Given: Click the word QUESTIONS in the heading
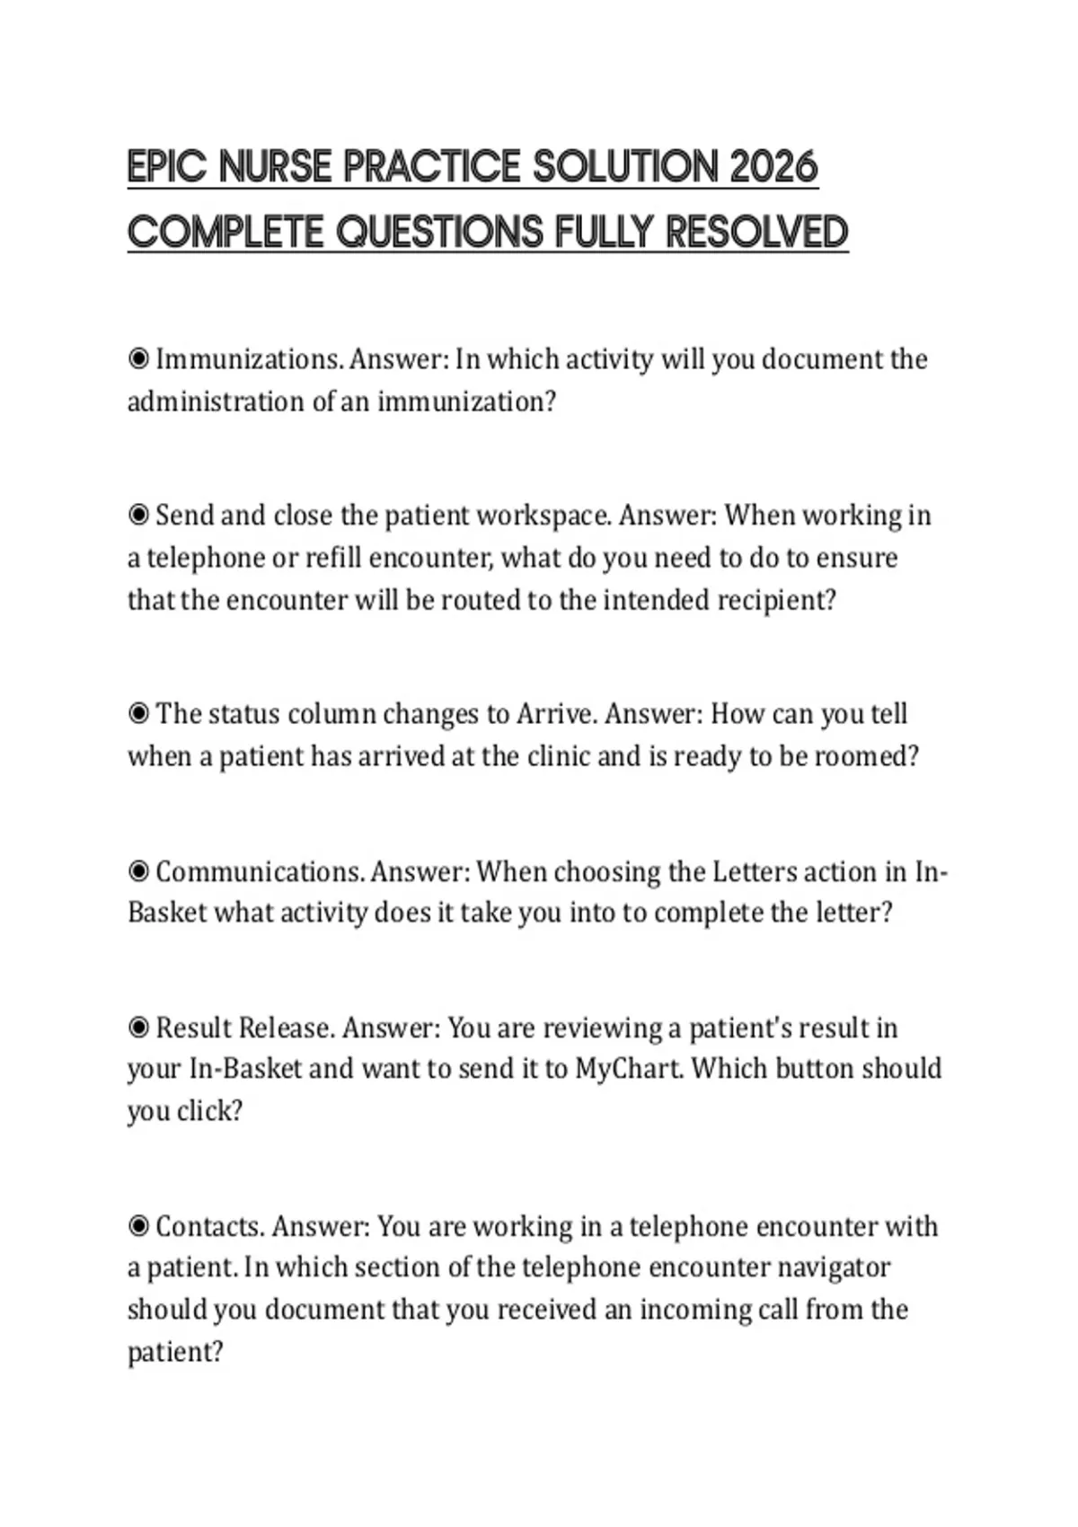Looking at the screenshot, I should tap(440, 233).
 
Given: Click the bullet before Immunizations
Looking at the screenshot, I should tap(138, 359).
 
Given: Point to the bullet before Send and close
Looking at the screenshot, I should tap(138, 516).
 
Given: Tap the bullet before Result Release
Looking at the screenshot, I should tap(138, 1028).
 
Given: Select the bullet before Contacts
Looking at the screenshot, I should tap(138, 1226).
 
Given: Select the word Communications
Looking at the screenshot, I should tap(261, 871).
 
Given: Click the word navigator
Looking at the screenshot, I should tap(834, 1267).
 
